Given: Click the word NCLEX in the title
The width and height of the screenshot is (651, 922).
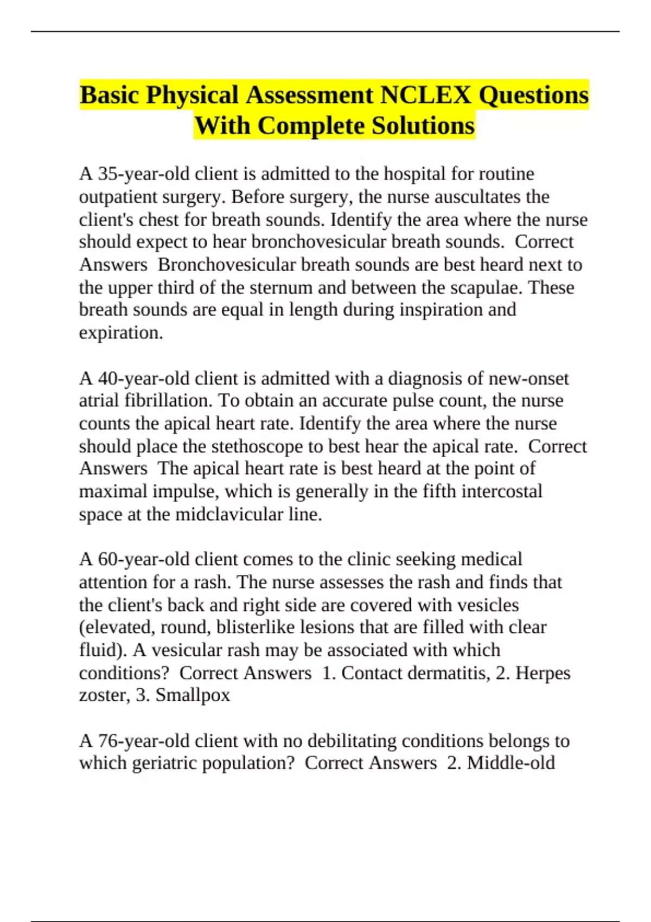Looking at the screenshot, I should point(425,95).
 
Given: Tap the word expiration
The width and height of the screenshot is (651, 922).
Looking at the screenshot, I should point(120,333).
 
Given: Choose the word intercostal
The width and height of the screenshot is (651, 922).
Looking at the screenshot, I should point(501,491).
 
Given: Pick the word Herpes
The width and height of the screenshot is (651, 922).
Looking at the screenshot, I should point(542,673).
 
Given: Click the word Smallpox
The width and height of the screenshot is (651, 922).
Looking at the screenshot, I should point(193,695).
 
